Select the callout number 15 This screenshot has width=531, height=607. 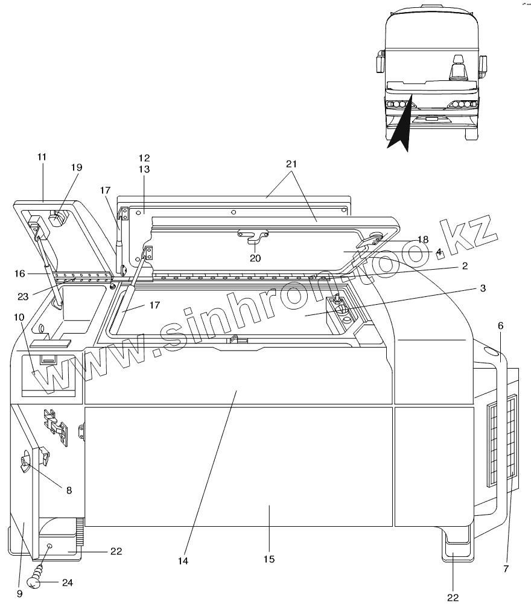(x=269, y=559)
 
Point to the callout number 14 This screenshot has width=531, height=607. (x=183, y=561)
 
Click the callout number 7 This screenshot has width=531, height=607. (x=506, y=568)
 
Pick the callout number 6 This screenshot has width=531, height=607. (x=500, y=325)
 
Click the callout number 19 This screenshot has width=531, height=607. (x=77, y=167)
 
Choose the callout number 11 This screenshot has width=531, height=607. (x=42, y=156)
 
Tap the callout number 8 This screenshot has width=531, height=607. (x=69, y=490)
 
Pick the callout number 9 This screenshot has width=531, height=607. (x=20, y=593)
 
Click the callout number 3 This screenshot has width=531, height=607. (x=483, y=288)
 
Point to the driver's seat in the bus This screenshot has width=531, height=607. (x=457, y=68)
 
